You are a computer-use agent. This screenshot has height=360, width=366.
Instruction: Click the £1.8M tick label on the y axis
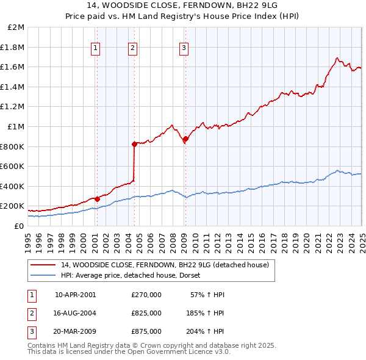pyautogui.click(x=13, y=47)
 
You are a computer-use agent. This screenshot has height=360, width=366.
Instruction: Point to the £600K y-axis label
pyautogui.click(x=12, y=166)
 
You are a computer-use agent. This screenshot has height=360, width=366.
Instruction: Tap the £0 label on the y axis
pyautogui.click(x=19, y=226)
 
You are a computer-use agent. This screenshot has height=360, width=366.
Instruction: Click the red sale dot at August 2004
pyautogui.click(x=135, y=144)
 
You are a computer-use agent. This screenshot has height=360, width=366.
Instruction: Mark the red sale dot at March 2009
pyautogui.click(x=186, y=139)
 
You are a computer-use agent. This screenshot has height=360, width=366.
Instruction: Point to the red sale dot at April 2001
pyautogui.click(x=98, y=199)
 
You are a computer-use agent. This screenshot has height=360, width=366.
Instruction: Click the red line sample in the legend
pyautogui.click(x=43, y=265)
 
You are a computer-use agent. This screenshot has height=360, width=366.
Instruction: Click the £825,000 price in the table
pyautogui.click(x=146, y=313)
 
